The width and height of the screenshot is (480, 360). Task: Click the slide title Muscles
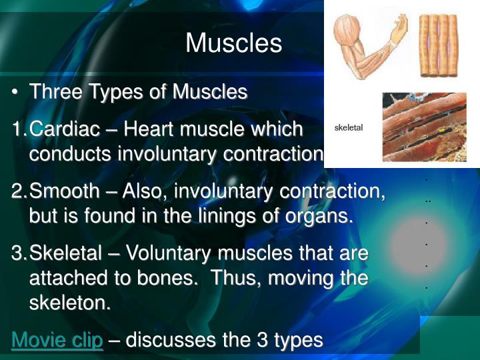233,43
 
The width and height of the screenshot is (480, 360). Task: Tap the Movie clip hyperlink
57,340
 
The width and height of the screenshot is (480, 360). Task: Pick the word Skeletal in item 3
65,254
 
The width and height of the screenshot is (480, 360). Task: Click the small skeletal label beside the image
349,127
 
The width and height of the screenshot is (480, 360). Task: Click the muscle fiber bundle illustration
438,45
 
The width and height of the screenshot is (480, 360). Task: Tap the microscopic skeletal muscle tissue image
424,127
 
